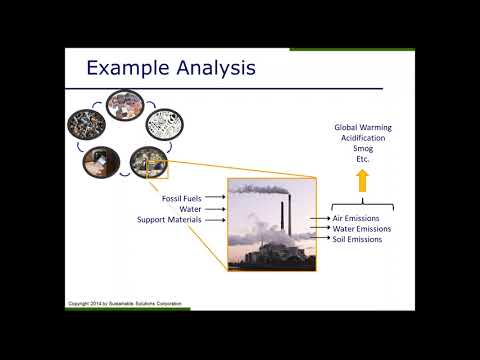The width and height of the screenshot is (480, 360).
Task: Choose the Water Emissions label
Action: [x=362, y=229]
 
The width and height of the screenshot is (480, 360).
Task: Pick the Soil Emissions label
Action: [x=358, y=240]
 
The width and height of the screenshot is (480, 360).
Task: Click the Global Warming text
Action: [x=362, y=128]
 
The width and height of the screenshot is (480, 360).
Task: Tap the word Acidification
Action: [x=362, y=139]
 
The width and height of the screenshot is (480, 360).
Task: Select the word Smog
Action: [x=362, y=150]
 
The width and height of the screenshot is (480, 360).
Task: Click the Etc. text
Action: [x=362, y=161]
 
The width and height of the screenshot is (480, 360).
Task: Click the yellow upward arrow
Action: [x=362, y=181]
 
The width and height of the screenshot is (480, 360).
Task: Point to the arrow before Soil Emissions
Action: [x=321, y=240]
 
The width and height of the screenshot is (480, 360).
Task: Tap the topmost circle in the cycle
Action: [x=125, y=102]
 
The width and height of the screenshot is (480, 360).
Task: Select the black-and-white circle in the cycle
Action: [x=165, y=124]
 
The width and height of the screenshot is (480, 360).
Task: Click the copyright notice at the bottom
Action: [x=127, y=302]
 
